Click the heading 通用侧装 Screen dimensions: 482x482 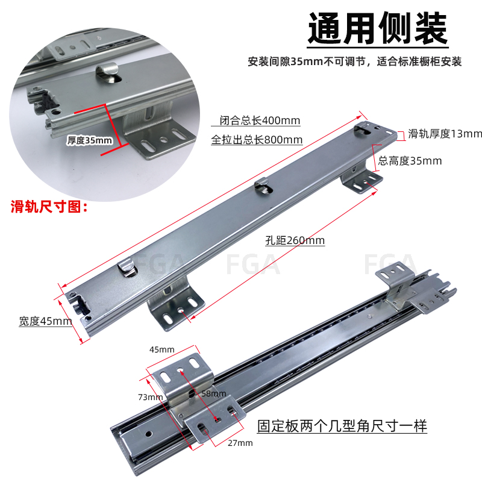pos(378,28)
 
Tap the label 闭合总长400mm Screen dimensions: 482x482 pos(255,120)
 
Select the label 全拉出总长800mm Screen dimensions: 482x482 pos(257,140)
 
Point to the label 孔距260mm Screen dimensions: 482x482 pos(295,240)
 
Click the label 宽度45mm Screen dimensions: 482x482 pos(45,321)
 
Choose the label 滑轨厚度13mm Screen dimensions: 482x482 pos(445,134)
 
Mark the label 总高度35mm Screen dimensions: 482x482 pos(410,161)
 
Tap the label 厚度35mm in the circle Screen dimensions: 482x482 pos(90,140)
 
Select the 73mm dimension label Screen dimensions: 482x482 pos(150,396)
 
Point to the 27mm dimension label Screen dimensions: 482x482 pos(240,443)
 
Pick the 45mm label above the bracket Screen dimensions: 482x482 pos(161,349)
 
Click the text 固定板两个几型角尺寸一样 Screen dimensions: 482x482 pos(342,426)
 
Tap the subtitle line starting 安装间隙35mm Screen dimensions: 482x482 pos(355,61)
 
